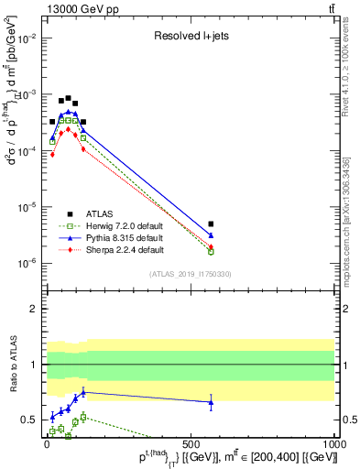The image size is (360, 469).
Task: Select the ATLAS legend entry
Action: coord(70,213)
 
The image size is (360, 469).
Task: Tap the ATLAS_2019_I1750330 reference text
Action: coord(189,274)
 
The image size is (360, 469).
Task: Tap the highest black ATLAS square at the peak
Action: coord(69,98)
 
